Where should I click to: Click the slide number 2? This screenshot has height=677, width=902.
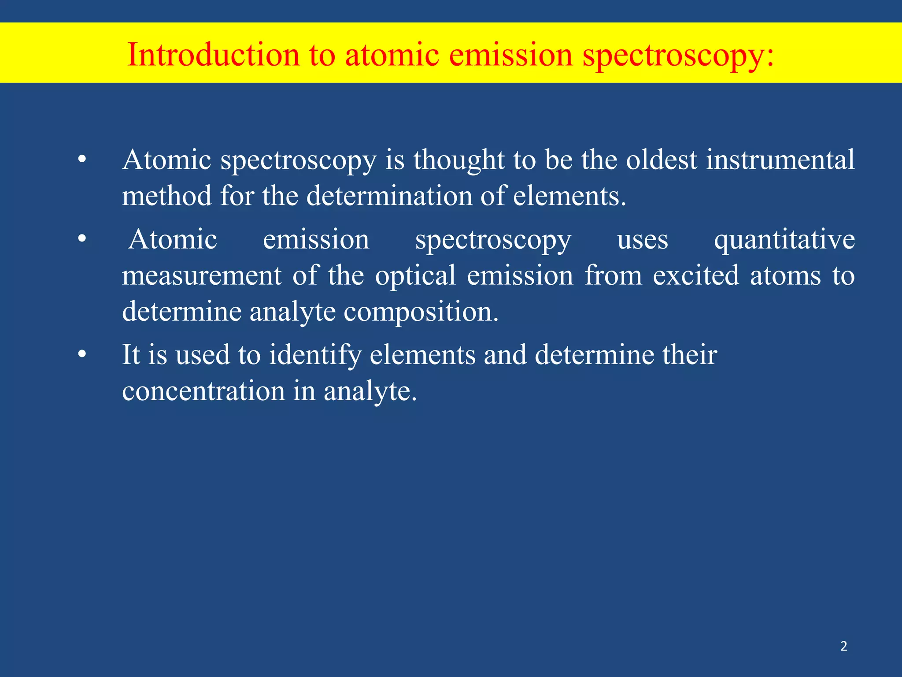843,646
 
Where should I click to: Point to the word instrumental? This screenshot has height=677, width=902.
780,160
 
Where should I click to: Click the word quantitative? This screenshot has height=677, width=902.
784,241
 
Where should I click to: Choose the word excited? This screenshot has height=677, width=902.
695,276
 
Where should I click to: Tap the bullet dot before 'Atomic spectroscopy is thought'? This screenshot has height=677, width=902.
82,160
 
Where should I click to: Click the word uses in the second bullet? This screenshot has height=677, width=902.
642,241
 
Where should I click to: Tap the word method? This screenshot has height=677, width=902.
167,196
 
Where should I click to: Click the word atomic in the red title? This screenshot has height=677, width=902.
392,55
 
